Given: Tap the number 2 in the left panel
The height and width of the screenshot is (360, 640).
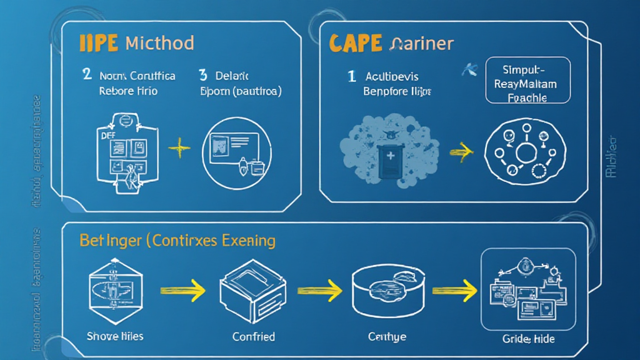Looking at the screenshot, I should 87,76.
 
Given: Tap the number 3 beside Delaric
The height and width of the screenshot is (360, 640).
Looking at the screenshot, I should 202,76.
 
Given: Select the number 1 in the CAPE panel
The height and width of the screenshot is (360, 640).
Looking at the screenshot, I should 352,76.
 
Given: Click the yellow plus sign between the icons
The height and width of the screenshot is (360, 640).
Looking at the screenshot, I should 179,148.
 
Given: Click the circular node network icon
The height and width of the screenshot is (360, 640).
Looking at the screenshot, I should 525,150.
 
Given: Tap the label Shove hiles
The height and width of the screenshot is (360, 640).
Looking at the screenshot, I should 114,336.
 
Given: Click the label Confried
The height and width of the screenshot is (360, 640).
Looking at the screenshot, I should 253,336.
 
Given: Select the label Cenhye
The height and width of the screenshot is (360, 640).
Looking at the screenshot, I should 387,337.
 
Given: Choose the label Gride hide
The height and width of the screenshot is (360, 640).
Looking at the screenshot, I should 528,339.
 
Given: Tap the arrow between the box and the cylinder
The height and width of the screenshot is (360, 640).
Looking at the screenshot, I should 319,290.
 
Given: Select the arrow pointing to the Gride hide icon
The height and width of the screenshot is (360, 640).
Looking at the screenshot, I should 455,290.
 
